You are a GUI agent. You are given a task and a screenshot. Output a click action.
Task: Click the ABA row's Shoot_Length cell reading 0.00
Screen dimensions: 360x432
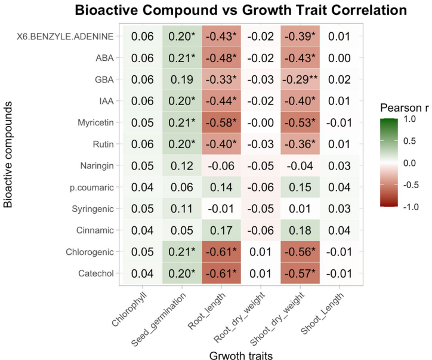339,58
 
